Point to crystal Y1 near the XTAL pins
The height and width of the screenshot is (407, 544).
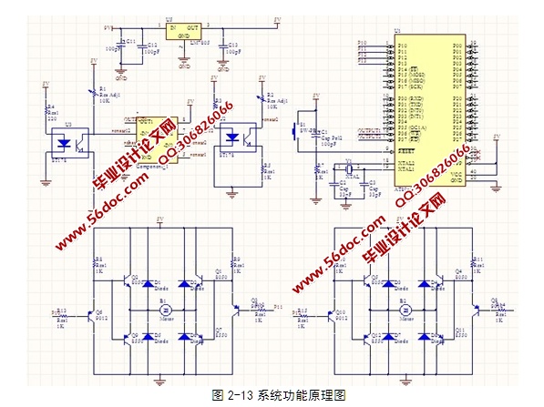347,169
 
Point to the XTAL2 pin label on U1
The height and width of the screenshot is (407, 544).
406,162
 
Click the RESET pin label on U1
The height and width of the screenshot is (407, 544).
407,149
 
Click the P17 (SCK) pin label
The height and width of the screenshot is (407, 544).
409,87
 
